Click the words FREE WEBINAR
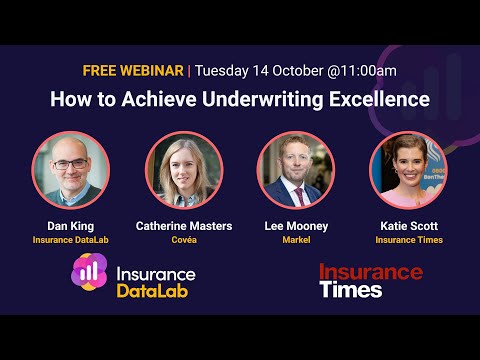coord(134,71)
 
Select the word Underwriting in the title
coord(273,100)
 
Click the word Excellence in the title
coord(380,100)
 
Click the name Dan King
coord(70,226)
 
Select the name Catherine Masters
coord(184,226)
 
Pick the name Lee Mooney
coord(296,226)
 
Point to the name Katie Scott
coord(409,226)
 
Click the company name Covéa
coord(184,241)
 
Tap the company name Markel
coord(296,241)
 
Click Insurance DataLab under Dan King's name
coord(70,241)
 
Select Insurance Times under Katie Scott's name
coord(409,241)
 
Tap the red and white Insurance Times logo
coord(370,281)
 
